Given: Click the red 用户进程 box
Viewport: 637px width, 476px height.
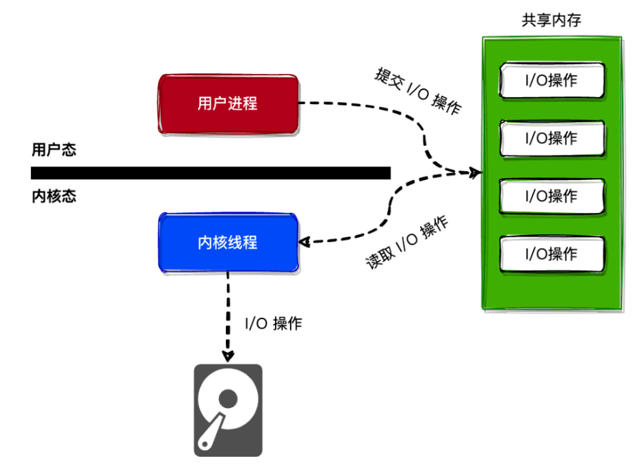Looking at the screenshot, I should (x=227, y=104).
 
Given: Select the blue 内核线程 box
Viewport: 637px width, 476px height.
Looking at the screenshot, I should (x=227, y=242).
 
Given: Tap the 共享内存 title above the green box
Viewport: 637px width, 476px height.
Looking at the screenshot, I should (x=551, y=20).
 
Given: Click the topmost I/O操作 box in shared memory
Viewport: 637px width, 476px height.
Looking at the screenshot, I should (x=551, y=80).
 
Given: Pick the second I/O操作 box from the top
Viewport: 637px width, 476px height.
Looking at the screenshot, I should (x=551, y=138).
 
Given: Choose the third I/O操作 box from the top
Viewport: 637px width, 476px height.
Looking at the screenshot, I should (x=551, y=196).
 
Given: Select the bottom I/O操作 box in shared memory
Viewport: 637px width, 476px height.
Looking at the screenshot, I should (x=551, y=254).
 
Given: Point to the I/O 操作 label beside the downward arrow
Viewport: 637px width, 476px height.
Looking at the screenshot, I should (x=273, y=324).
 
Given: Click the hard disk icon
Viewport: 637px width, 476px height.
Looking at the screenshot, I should (x=228, y=410).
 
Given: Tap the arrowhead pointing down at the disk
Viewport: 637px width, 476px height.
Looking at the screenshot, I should (x=228, y=356).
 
